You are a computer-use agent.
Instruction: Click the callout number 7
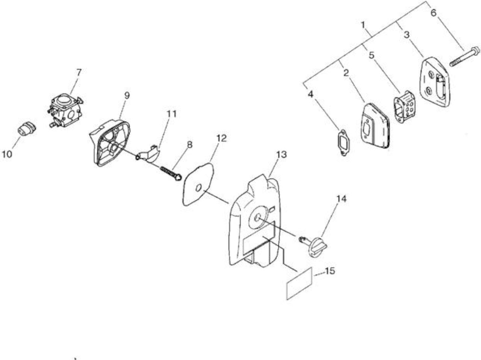[79, 73]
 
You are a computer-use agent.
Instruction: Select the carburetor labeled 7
[65, 110]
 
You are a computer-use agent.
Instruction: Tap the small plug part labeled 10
[27, 128]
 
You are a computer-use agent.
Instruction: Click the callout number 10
[7, 154]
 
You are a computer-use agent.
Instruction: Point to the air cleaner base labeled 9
[110, 143]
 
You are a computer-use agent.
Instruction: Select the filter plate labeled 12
[198, 185]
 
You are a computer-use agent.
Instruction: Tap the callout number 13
[281, 155]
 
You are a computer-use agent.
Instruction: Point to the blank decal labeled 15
[299, 283]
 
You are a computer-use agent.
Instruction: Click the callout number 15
[330, 271]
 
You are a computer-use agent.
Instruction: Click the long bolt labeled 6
[464, 56]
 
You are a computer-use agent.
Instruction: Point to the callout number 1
[363, 25]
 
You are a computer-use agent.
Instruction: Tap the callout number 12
[221, 138]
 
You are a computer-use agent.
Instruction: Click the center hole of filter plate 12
[199, 188]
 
